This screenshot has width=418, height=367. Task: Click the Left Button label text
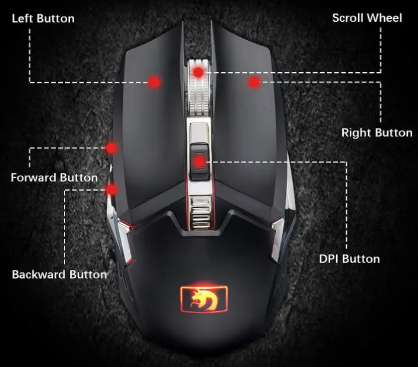pyautogui.click(x=43, y=18)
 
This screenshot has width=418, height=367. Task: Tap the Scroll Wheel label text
pyautogui.click(x=367, y=18)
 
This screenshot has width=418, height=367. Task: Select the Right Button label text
pyautogui.click(x=376, y=133)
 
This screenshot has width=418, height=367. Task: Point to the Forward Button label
pyautogui.click(x=55, y=177)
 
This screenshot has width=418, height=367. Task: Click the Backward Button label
pyautogui.click(x=59, y=274)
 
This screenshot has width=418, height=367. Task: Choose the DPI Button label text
pyautogui.click(x=349, y=259)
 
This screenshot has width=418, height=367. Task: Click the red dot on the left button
pyautogui.click(x=155, y=82)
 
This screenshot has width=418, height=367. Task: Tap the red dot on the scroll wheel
pyautogui.click(x=199, y=72)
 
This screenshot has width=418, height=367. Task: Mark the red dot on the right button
pyautogui.click(x=254, y=82)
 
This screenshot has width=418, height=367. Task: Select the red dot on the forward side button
pyautogui.click(x=111, y=147)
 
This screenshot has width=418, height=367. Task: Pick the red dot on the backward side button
pyautogui.click(x=111, y=189)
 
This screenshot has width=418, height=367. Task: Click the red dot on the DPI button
pyautogui.click(x=199, y=160)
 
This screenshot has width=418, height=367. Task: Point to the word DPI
pyautogui.click(x=330, y=259)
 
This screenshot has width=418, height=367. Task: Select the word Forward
pyautogui.click(x=33, y=177)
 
